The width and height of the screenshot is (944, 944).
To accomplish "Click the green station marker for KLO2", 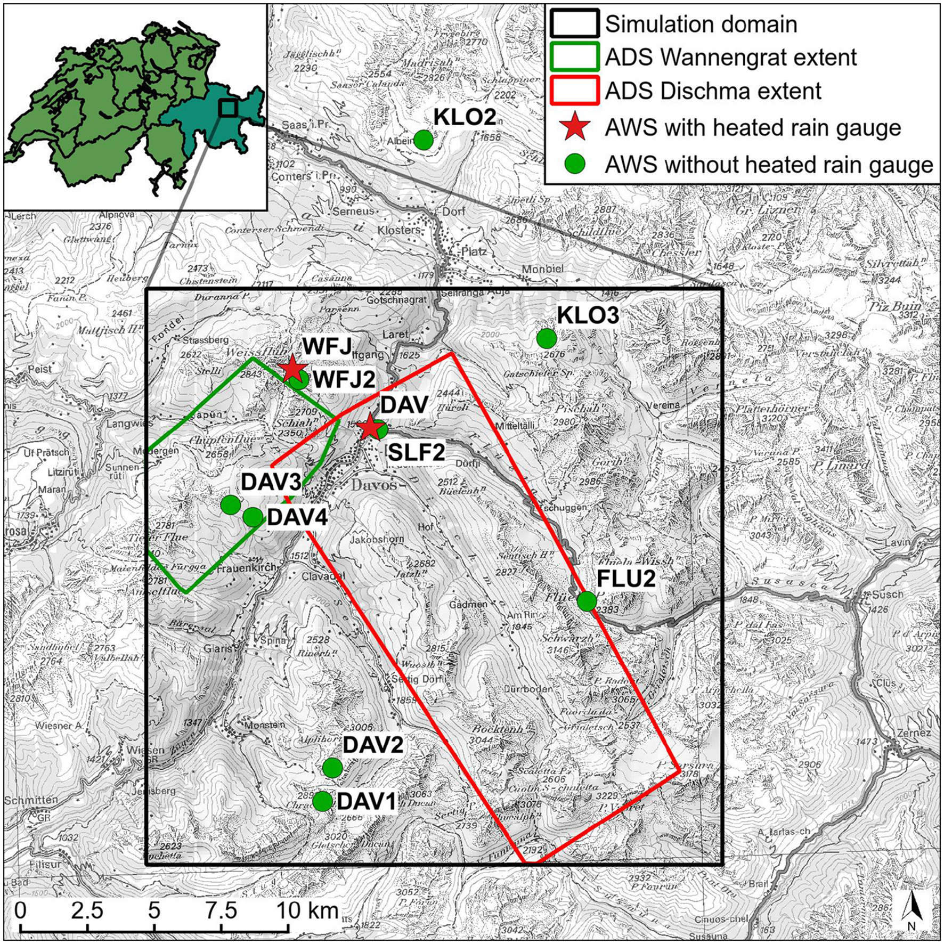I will (x=423, y=140).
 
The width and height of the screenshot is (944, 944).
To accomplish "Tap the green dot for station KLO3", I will (x=547, y=338).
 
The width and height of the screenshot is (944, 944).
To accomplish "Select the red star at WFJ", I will (x=292, y=369).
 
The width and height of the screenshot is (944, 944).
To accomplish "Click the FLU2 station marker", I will (x=587, y=601).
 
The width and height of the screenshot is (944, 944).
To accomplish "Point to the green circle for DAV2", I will (x=332, y=768).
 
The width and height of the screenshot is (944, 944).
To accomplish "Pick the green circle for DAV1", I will (x=322, y=801).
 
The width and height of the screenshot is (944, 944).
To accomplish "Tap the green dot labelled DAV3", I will (x=231, y=504).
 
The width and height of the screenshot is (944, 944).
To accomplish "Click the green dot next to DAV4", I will (x=253, y=516).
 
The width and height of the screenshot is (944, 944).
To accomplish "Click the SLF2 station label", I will (x=416, y=453).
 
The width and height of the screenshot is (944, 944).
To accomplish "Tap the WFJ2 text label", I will (x=344, y=379).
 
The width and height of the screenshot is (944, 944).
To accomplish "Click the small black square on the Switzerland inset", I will (x=228, y=108).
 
